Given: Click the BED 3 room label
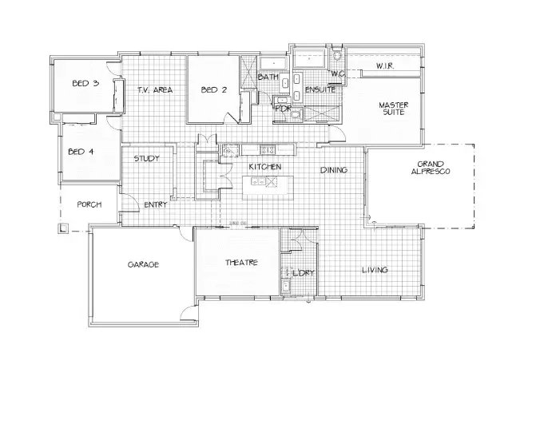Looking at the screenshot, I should point(85,83).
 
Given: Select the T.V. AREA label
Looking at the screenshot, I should point(154,90).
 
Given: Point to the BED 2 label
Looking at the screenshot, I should point(214,90).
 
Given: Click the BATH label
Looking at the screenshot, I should point(268,77).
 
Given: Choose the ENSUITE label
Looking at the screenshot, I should point(320,89).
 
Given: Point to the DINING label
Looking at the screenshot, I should point(334,170).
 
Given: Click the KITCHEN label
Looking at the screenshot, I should point(264,167).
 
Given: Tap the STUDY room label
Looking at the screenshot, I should point(146,158).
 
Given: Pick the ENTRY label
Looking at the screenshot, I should point(155,205).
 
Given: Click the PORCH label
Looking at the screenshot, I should point(89,204).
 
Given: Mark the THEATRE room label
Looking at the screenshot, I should point(240,262).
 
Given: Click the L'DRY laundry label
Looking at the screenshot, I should point(301,273).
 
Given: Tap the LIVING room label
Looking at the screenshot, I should point(374,270).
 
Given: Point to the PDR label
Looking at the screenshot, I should point(283,108).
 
